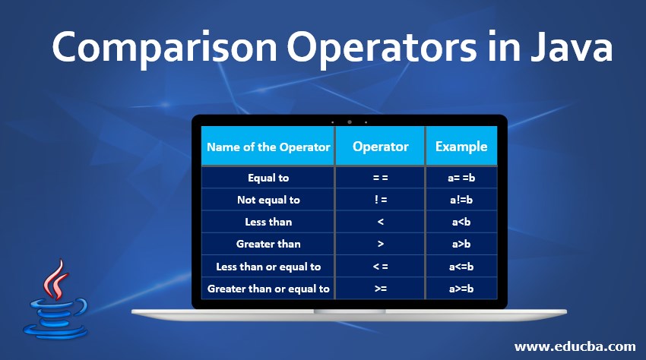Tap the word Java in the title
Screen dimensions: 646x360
pyautogui.click(x=571, y=47)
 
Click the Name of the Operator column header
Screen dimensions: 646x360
pyautogui.click(x=268, y=147)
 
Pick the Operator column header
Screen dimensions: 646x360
pyautogui.click(x=380, y=147)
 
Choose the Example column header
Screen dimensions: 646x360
pyautogui.click(x=461, y=147)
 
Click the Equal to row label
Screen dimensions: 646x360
pyautogui.click(x=268, y=178)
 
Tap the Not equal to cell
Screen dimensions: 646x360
pyautogui.click(x=268, y=200)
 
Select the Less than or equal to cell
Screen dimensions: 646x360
pyautogui.click(x=268, y=267)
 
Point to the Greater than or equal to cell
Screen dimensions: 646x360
pyautogui.click(x=268, y=289)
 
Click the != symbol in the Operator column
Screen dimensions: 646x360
pyautogui.click(x=380, y=200)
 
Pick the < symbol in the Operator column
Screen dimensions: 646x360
pyautogui.click(x=380, y=222)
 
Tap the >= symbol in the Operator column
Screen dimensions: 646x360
pyautogui.click(x=380, y=289)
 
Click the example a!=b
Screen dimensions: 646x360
pyautogui.click(x=461, y=200)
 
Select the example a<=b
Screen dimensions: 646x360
pyautogui.click(x=461, y=267)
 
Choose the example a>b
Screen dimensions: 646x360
pyautogui.click(x=461, y=244)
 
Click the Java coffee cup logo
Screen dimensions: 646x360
pyautogui.click(x=55, y=299)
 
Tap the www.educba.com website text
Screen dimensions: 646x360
pyautogui.click(x=575, y=346)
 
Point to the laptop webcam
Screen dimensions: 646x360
pyautogui.click(x=350, y=122)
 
